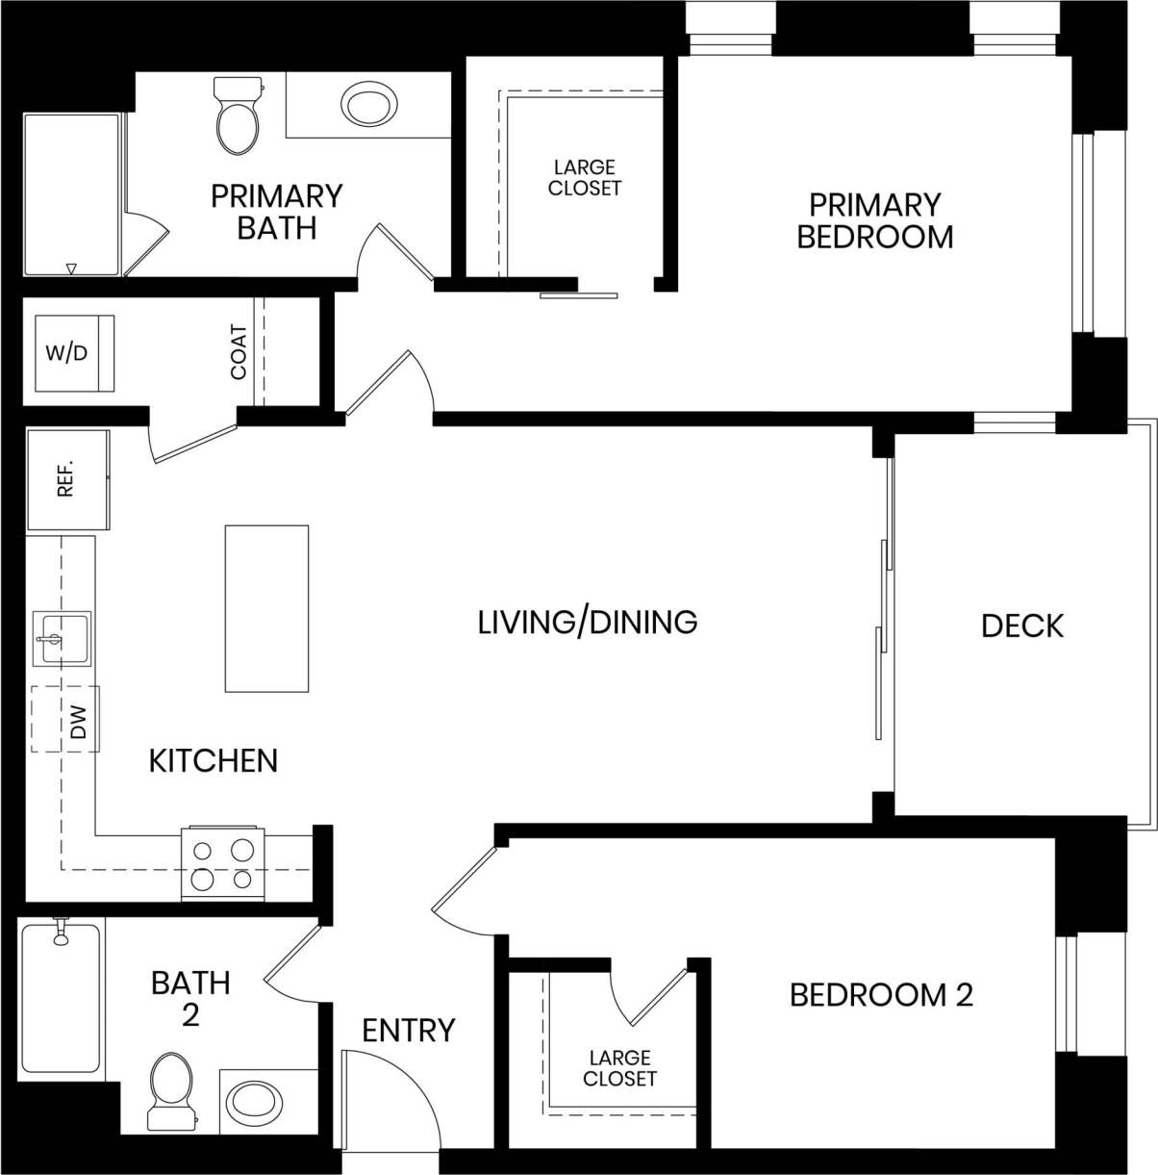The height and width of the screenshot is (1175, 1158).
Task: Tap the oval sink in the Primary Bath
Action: [366, 105]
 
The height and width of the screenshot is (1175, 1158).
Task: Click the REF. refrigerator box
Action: [66, 480]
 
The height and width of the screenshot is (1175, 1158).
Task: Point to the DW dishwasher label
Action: [79, 721]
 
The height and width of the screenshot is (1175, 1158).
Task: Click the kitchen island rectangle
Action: [266, 608]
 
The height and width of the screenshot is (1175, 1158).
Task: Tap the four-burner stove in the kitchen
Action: [222, 863]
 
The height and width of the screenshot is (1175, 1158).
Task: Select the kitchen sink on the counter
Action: [61, 638]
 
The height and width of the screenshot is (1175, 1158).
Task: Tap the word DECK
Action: [1021, 626]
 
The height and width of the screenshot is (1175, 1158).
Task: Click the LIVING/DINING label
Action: [588, 622]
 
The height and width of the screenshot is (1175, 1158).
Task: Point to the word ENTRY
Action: [408, 1031]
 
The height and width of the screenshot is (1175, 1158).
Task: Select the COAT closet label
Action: [239, 352]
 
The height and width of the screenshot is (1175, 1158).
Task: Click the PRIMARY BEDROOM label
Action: [874, 220]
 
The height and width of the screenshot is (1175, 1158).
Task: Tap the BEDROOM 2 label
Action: [881, 994]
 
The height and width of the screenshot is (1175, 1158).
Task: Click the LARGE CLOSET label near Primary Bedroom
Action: [585, 178]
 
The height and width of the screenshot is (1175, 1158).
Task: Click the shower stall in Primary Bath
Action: [72, 195]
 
